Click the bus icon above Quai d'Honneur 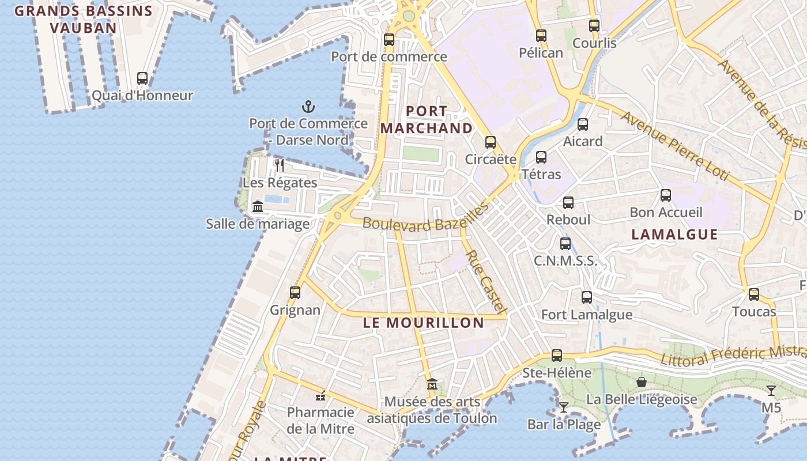coord(142,78)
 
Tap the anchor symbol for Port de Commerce coord(308,107)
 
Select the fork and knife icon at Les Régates coord(280,166)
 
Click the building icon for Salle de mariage coord(258,206)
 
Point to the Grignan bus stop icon coord(295,292)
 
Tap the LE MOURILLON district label coord(424,323)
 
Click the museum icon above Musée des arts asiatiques coord(432,384)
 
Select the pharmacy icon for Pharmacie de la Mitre coord(321,395)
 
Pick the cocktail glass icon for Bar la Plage coord(564,407)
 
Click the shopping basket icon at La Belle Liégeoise coord(641,382)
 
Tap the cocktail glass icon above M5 coord(771,391)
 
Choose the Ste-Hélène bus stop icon coord(556,356)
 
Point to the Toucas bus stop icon coord(753,294)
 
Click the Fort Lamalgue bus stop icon coord(587,297)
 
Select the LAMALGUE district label coord(674,235)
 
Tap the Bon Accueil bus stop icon coord(666,195)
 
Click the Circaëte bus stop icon coord(491,142)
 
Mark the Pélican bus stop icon coord(541,36)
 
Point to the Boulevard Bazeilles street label coord(425,220)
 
